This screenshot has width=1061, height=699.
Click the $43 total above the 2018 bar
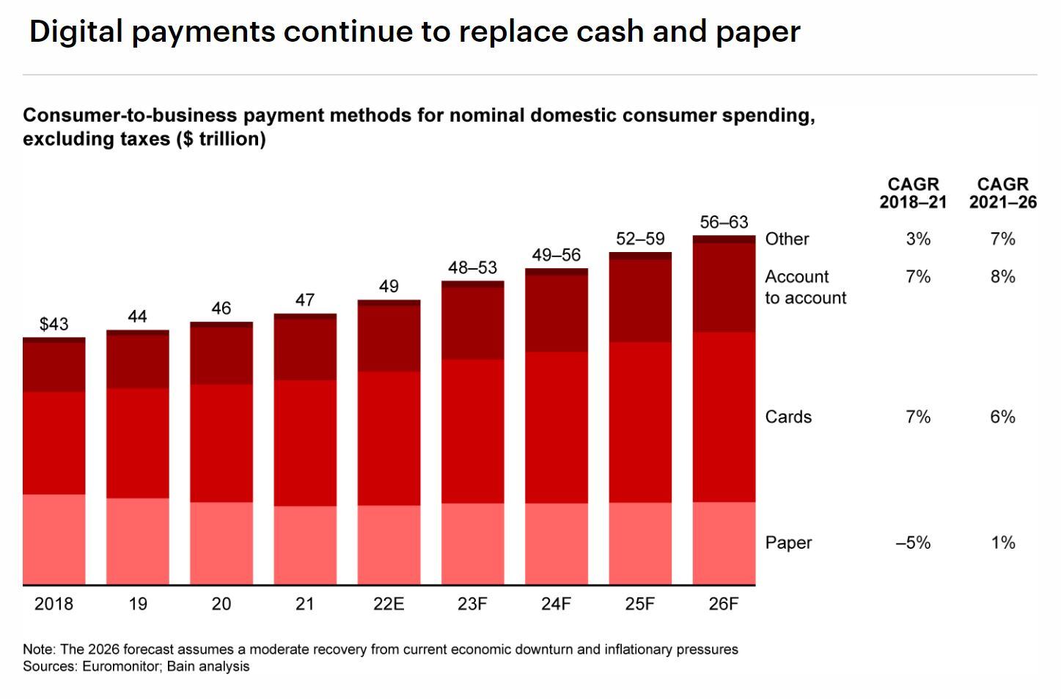coord(54,324)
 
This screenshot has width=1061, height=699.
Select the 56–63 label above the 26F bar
coord(724,222)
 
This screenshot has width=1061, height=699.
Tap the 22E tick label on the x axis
coord(389,604)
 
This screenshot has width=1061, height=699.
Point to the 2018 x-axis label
coord(54,604)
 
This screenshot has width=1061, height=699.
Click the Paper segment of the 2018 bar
coord(54,539)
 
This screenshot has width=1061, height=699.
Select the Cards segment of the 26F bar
coord(724,417)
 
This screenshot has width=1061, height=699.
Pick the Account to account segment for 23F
coord(472,323)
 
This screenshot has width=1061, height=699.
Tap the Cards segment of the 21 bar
coord(305,443)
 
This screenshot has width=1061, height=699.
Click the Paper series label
coord(788,543)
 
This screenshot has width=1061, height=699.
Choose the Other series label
coord(787,239)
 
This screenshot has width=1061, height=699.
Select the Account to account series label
coord(804,287)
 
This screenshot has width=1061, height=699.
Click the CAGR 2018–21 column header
coord(913,193)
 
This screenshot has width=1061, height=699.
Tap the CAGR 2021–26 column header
coord(1002,193)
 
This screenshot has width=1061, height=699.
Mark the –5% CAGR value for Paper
coord(913,543)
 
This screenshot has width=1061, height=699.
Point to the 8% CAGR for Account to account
coord(1002,277)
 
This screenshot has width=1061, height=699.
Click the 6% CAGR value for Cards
coord(1002,417)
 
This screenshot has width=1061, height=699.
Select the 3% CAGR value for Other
coord(917,239)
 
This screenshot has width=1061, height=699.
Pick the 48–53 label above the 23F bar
coord(472,267)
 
